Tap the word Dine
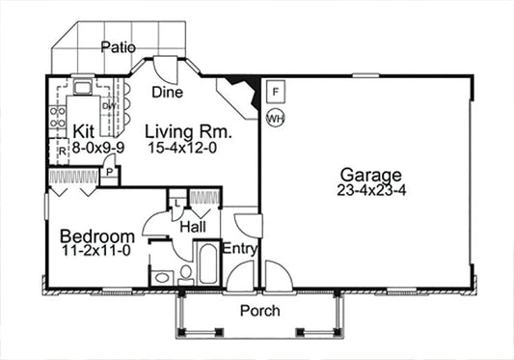pos(168,93)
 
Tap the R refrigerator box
pos(60,152)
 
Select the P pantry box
pos(110,174)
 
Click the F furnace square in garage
pos(275,94)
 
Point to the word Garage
pos(370,175)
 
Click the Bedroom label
pos(96,235)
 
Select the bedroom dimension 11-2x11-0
pos(96,251)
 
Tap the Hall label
pos(192,226)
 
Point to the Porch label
pos(259,311)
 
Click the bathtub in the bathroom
pos(207,263)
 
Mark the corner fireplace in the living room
pos(239,95)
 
